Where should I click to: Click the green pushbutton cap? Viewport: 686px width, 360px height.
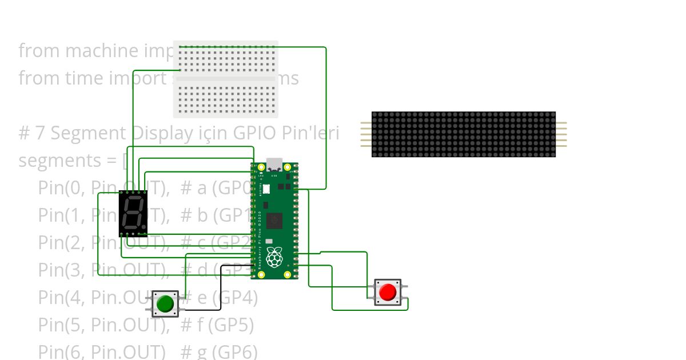point(165,303)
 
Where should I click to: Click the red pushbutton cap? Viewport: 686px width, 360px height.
point(388,292)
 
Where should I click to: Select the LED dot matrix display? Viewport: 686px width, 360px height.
point(463,134)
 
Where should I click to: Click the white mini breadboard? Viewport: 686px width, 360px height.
point(226,78)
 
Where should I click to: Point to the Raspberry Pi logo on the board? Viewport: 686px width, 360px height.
point(275,257)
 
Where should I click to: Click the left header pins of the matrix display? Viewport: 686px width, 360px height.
point(366,134)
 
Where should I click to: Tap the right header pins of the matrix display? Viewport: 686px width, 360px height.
point(561,134)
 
